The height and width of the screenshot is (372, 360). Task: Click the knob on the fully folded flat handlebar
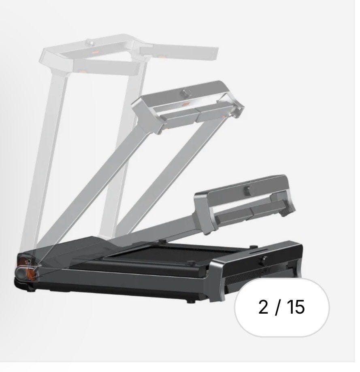264,260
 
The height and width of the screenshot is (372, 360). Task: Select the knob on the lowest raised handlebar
247,189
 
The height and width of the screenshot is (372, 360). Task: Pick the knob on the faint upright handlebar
91,43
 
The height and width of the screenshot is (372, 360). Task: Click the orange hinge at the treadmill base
31,273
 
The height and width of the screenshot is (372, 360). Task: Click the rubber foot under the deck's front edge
190,301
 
